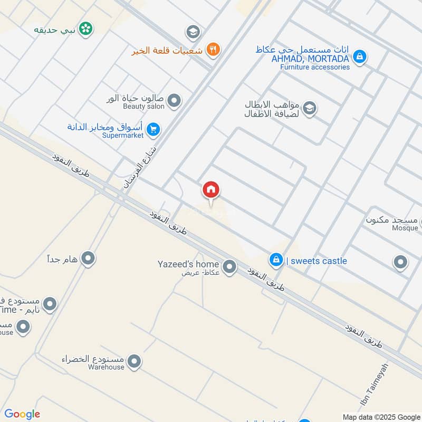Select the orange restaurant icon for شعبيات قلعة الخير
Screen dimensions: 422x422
(x=214, y=50)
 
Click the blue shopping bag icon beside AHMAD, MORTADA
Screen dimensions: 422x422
(x=359, y=56)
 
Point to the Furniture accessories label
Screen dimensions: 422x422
(x=315, y=67)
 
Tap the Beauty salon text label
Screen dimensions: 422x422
(x=143, y=107)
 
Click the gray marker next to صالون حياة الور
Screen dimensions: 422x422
(x=174, y=100)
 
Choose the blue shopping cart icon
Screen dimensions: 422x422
(x=154, y=129)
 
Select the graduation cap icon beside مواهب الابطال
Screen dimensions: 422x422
(x=310, y=109)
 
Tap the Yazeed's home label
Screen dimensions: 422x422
(x=188, y=264)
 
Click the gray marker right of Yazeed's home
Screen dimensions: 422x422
(x=229, y=267)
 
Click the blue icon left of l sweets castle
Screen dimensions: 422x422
(x=275, y=260)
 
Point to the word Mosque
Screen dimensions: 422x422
(x=403, y=228)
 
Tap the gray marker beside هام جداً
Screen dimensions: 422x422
(x=89, y=258)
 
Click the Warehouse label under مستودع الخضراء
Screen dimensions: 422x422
(x=107, y=367)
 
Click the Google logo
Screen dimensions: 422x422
(x=22, y=414)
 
